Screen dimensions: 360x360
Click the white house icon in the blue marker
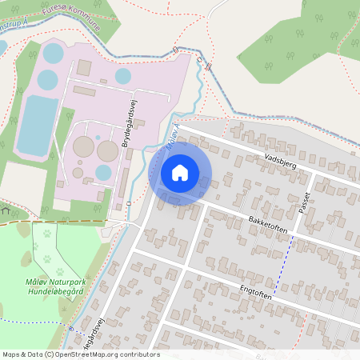coord(180,172)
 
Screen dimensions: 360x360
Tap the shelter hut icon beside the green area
coord(6,211)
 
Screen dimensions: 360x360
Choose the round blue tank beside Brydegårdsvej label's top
coord(122,76)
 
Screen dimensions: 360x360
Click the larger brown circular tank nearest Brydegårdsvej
coord(107,150)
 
